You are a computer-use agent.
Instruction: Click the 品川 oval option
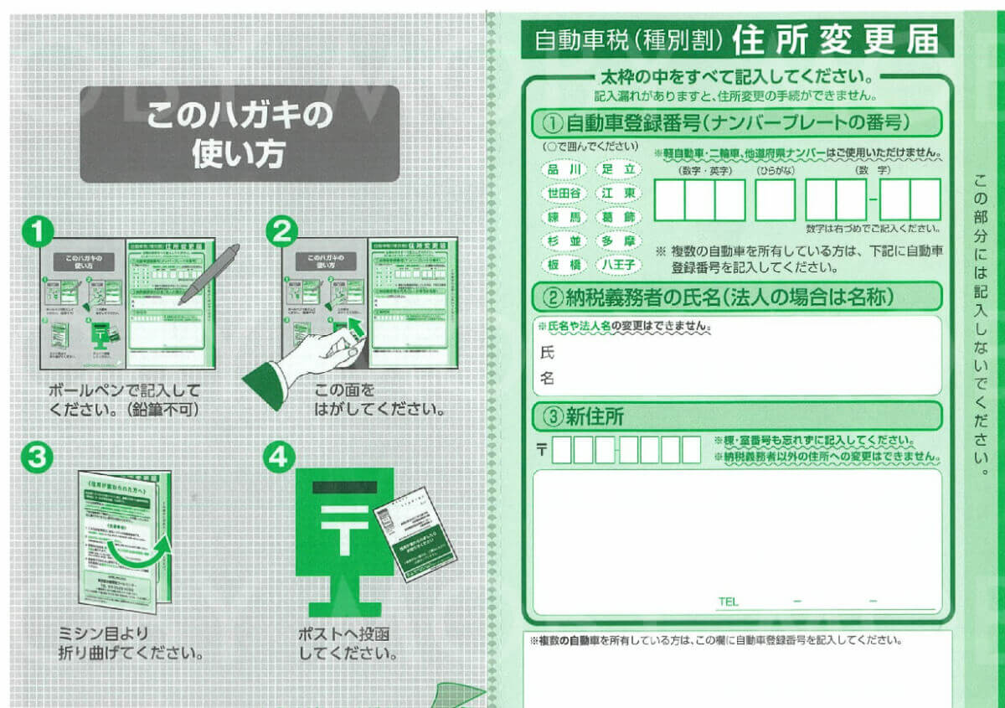564,169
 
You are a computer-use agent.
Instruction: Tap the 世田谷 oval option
564,193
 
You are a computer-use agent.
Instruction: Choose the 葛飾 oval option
618,217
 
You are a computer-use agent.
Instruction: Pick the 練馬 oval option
564,217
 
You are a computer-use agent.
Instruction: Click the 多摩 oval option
618,241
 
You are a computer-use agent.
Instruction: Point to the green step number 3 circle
38,457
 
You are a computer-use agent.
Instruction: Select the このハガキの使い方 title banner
240,134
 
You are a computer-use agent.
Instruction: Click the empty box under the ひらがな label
775,200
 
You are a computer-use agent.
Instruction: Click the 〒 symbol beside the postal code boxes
542,450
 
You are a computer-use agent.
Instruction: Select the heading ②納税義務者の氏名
720,297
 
